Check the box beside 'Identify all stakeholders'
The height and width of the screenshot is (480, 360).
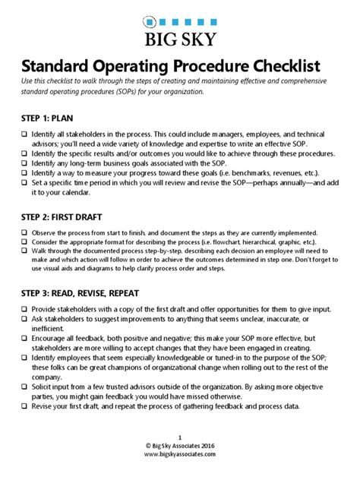[24, 134]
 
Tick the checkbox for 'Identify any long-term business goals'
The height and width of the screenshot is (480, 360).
[24, 163]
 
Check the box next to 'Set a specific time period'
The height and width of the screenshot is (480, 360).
[24, 182]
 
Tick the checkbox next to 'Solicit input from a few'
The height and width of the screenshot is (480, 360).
[24, 387]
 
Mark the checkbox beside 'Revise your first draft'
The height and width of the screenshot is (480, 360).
[24, 406]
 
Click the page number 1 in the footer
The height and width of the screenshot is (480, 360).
[179, 436]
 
